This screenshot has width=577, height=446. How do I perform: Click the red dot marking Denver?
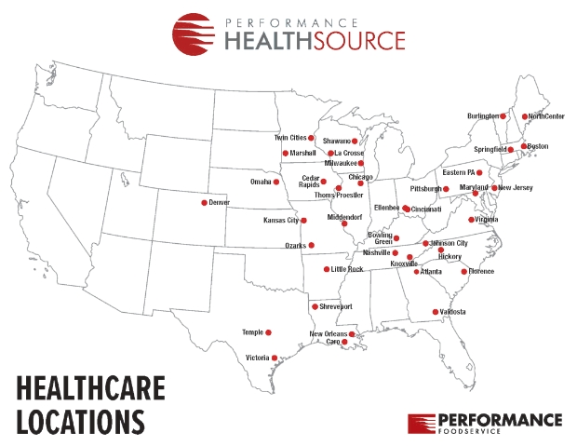[x=205, y=202]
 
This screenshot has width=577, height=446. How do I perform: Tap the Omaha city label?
[x=260, y=182]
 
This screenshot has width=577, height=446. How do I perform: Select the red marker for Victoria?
[x=275, y=357]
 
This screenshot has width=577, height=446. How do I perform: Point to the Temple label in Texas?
[x=252, y=332]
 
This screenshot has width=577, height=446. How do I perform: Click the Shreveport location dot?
[x=315, y=306]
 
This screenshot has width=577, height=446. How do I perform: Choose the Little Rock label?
[x=347, y=269]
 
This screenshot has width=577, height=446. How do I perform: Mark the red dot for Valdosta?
[x=435, y=312]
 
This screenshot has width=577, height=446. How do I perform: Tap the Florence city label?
[x=481, y=271]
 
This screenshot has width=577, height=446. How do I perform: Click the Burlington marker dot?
[x=503, y=116]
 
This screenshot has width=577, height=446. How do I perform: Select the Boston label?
[x=538, y=146]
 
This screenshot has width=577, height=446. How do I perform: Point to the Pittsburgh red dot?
[x=446, y=189]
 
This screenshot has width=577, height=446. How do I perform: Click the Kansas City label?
[x=281, y=221]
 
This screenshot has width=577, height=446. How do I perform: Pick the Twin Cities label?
[x=290, y=138]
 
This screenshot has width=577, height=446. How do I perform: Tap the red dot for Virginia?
[x=471, y=220]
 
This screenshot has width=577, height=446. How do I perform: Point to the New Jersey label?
[x=516, y=188]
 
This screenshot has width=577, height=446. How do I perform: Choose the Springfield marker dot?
[x=510, y=149]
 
